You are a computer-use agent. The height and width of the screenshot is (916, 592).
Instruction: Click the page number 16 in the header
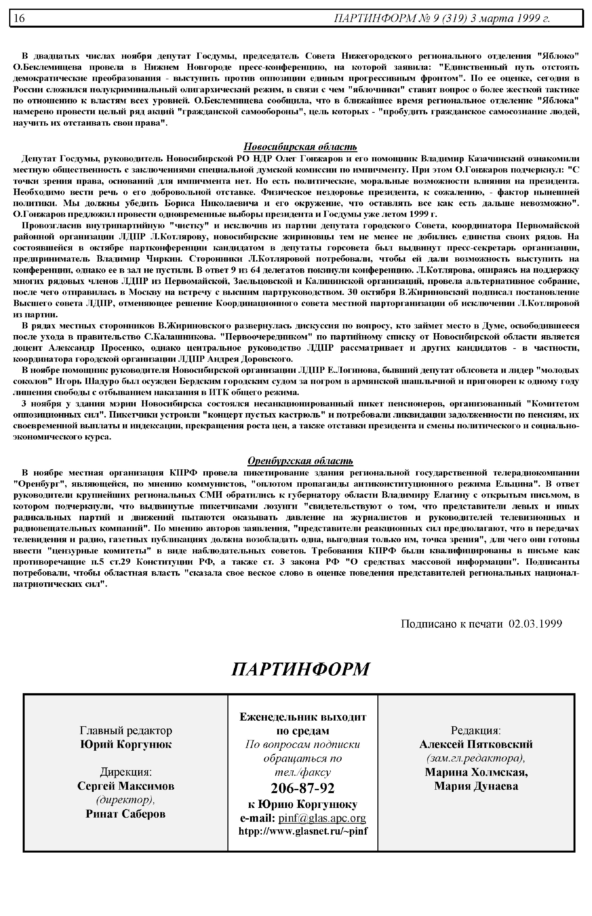coord(19,18)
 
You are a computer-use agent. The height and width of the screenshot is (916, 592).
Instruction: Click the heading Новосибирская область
coord(300,147)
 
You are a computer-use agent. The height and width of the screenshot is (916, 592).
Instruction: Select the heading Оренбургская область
coord(300,461)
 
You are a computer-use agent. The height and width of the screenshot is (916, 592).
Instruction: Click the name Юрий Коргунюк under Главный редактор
coord(126,744)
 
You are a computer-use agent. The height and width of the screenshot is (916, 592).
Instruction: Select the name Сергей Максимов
coord(126,786)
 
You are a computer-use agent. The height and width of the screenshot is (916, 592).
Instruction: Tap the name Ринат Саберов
coord(126,814)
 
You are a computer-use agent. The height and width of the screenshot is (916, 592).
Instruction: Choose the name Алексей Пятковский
coord(476,744)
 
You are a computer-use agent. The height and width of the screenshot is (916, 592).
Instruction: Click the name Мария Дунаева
coord(476,786)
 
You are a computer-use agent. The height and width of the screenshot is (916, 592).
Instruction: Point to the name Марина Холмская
coord(476,772)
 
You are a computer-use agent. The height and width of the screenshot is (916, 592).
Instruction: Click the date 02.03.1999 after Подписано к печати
coord(535,623)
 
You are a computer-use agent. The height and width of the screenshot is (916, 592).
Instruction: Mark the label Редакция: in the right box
coord(476,730)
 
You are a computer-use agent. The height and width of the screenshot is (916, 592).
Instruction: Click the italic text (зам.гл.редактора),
coord(476,758)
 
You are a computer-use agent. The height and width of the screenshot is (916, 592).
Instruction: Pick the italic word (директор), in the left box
coord(126,800)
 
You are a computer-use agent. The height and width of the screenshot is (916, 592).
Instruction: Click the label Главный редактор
coord(126,730)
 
